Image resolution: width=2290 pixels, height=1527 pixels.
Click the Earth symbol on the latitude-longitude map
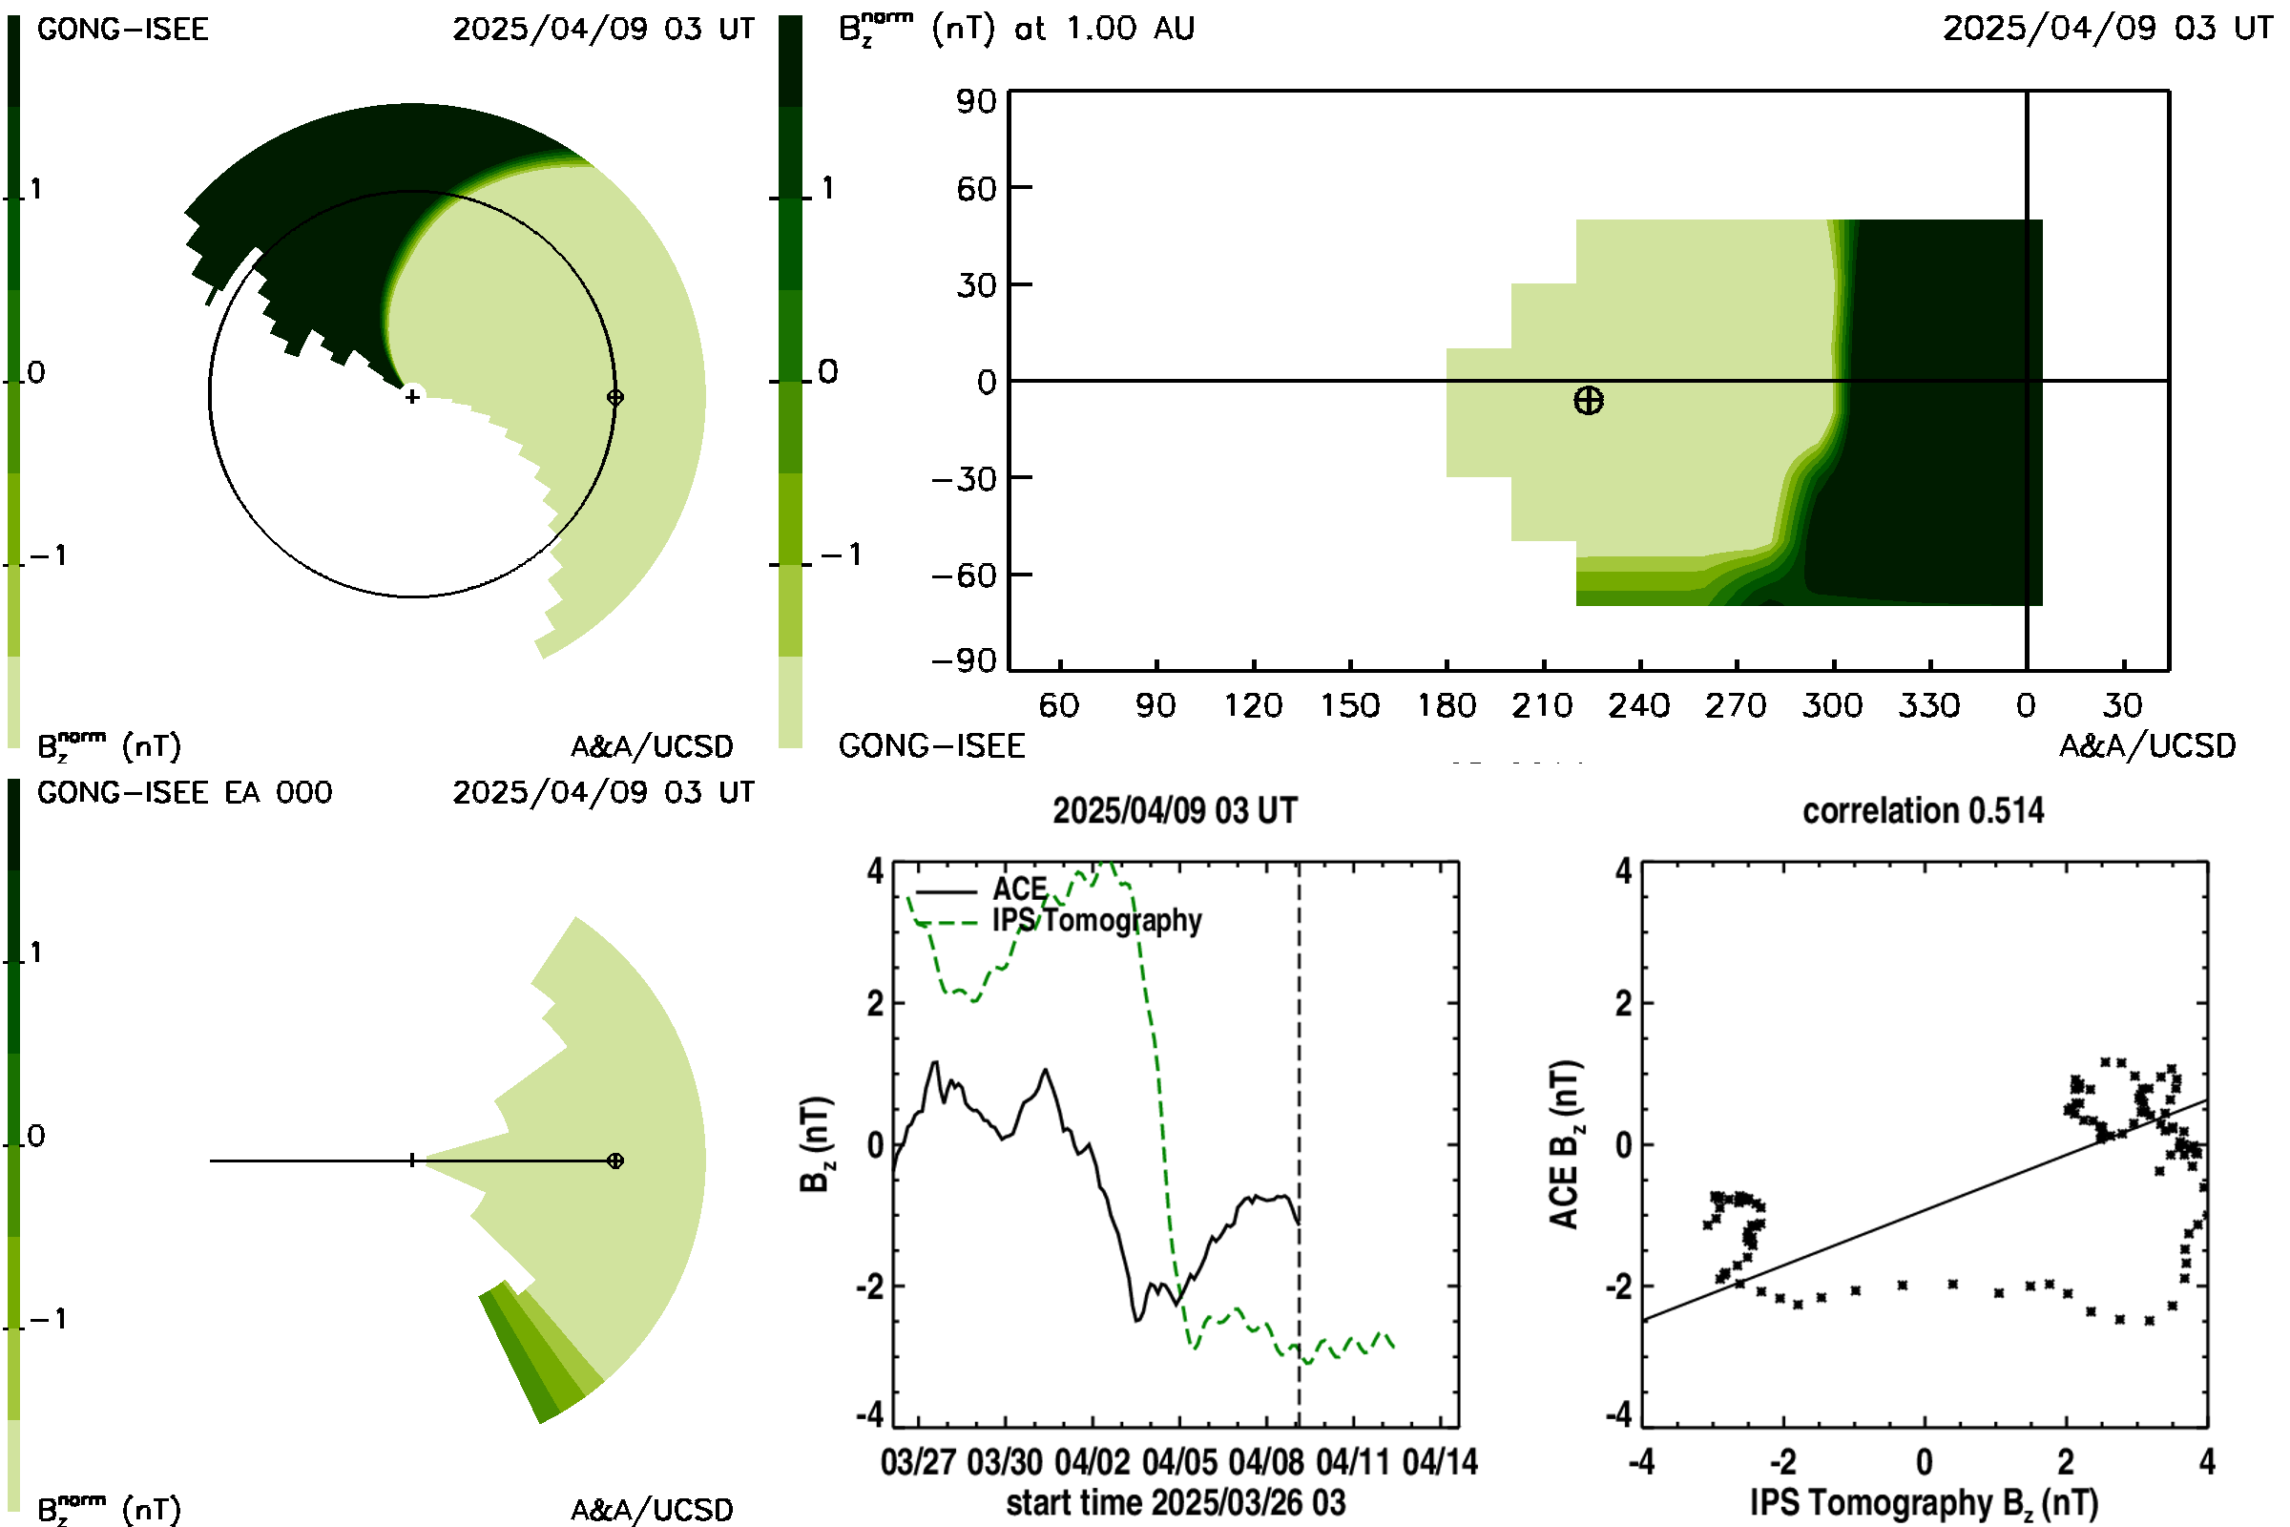[x=1588, y=400]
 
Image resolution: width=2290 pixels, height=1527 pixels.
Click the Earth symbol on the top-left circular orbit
[x=615, y=396]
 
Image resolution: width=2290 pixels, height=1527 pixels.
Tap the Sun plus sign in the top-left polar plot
[x=413, y=396]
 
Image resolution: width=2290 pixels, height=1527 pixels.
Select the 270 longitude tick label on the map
[x=1736, y=705]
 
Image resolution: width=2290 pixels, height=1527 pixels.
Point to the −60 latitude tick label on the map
[x=964, y=575]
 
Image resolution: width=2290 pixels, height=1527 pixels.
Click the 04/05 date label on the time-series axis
[x=1180, y=1462]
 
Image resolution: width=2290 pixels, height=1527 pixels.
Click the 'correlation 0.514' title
[x=1923, y=810]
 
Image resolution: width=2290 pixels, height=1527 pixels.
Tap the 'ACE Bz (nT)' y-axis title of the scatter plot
[x=1565, y=1144]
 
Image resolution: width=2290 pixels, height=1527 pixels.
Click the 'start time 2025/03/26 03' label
[x=1176, y=1502]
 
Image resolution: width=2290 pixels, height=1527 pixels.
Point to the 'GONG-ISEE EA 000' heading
[x=185, y=792]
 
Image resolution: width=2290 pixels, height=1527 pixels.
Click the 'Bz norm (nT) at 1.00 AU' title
[x=1016, y=28]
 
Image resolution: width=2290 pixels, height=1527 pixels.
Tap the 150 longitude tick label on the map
[x=1349, y=705]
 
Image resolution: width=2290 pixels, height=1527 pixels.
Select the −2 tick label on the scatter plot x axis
[x=1781, y=1462]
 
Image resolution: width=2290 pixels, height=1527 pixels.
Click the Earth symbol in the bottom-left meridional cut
[x=615, y=1161]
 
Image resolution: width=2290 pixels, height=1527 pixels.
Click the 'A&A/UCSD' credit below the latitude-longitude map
[x=2148, y=746]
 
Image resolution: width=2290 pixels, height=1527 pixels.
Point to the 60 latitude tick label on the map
[x=976, y=188]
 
